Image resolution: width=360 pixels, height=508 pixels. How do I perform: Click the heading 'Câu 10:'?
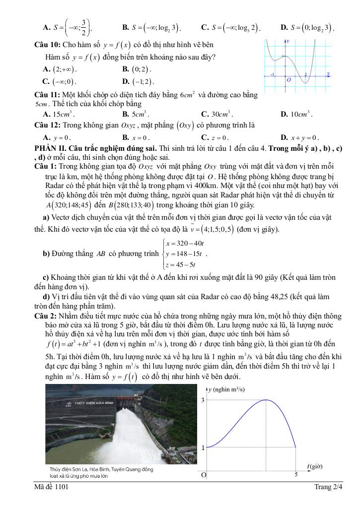48,45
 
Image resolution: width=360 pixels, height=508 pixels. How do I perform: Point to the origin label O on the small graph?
288,79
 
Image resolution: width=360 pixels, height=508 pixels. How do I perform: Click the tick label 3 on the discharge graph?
203,400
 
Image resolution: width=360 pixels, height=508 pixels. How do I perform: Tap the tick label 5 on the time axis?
296,475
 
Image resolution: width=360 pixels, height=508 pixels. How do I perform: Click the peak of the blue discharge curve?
267,400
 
